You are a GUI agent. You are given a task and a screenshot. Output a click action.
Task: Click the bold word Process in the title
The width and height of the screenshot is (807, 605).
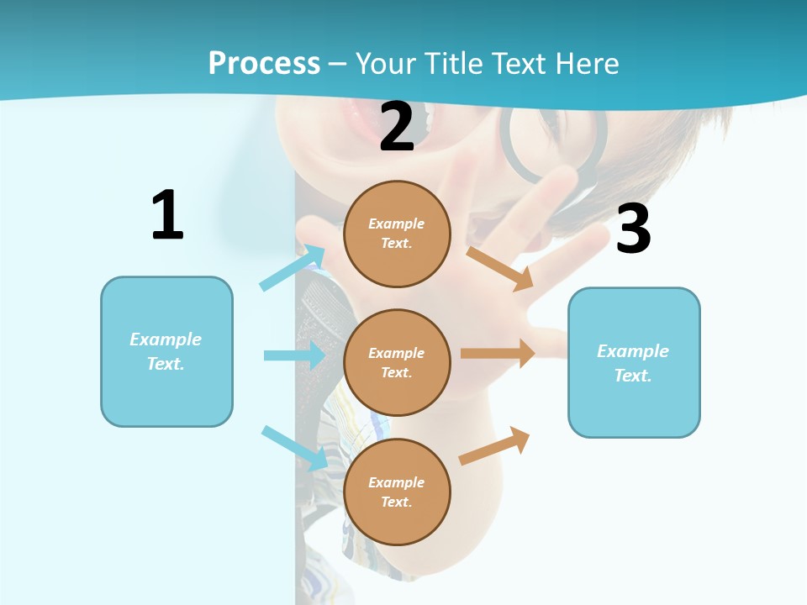tap(264, 63)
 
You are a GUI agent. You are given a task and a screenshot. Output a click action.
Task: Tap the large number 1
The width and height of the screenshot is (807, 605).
tap(167, 215)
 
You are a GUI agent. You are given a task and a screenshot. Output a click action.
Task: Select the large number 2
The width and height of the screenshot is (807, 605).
tap(397, 127)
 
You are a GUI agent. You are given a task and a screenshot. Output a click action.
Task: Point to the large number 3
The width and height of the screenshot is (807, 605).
tap(633, 229)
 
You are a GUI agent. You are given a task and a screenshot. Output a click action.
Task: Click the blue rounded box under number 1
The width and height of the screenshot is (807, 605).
tap(166, 351)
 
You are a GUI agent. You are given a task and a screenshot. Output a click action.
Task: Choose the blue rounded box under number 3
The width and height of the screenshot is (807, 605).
tap(634, 362)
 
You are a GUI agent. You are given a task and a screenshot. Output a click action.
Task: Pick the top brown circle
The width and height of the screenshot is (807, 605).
tap(397, 234)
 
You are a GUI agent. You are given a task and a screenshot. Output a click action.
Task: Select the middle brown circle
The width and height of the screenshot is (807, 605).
tap(397, 362)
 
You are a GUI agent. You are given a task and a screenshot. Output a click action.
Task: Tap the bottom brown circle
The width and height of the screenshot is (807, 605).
tap(397, 492)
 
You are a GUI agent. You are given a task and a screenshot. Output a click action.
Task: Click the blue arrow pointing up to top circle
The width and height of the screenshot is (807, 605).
tap(293, 268)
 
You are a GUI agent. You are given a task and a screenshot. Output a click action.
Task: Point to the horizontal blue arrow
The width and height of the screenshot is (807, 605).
tap(294, 355)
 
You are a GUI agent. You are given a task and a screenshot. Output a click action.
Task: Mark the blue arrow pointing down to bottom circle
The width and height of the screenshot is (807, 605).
tap(294, 448)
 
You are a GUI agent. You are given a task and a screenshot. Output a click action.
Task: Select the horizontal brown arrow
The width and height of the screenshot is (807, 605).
tap(498, 353)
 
